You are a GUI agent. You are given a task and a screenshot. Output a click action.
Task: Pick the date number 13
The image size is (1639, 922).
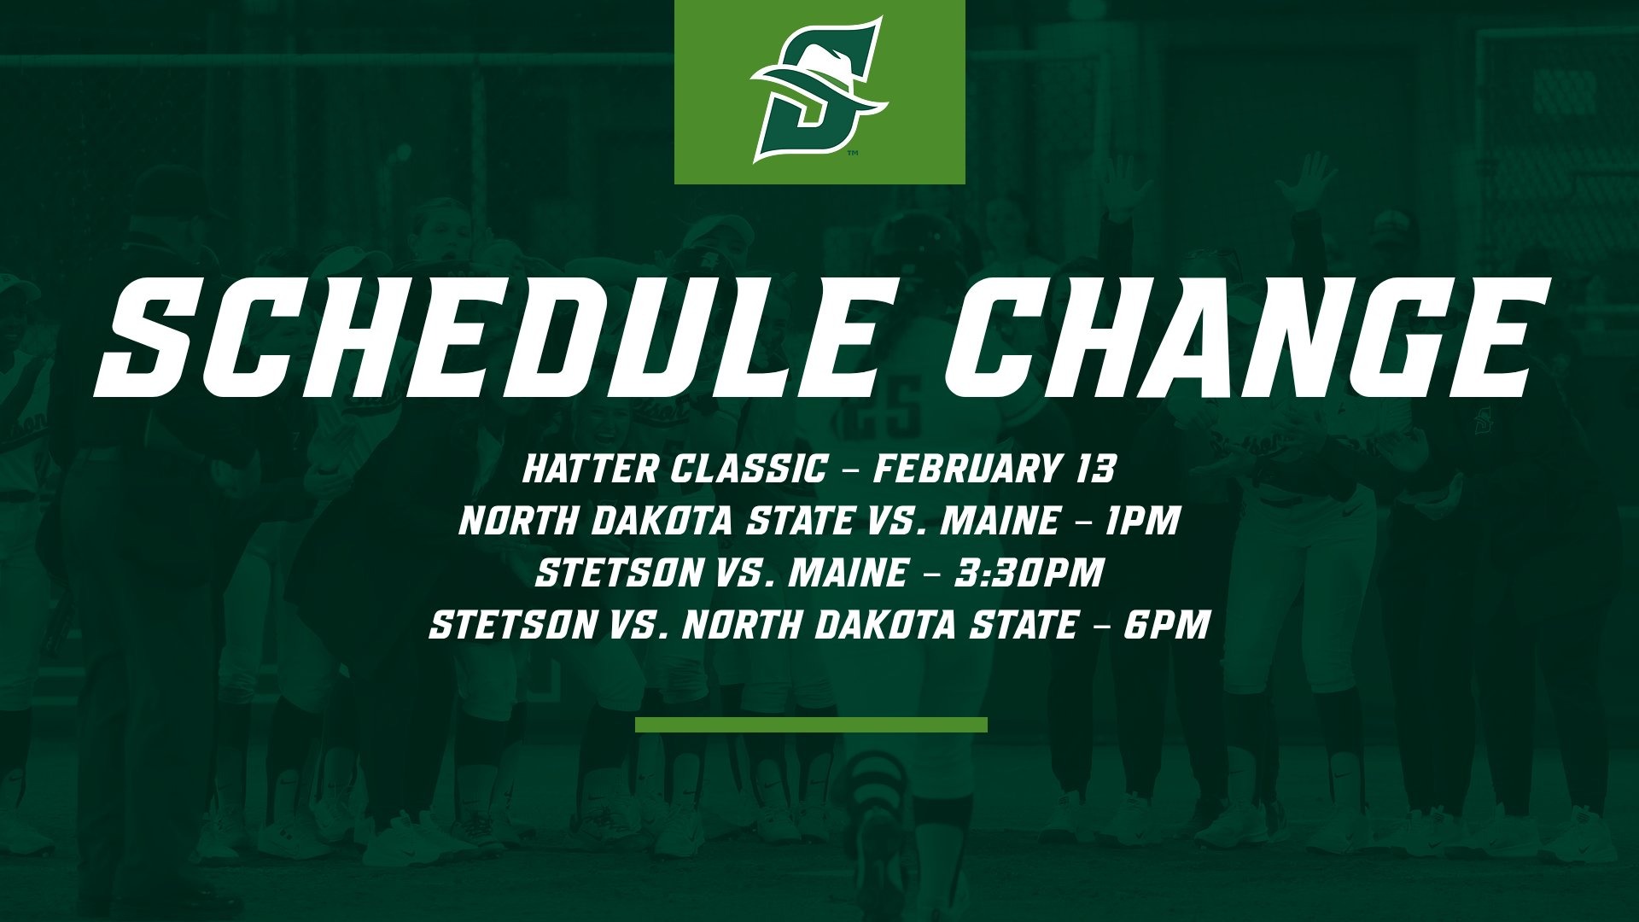click(x=1094, y=469)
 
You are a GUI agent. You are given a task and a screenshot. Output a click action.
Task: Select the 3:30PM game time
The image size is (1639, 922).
click(x=1029, y=573)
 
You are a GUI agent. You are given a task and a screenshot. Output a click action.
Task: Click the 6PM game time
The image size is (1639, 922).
click(x=1166, y=625)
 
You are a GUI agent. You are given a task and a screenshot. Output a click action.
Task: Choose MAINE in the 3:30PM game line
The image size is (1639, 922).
click(x=848, y=573)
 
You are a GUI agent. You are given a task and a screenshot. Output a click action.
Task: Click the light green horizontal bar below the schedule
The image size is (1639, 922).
click(x=811, y=725)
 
